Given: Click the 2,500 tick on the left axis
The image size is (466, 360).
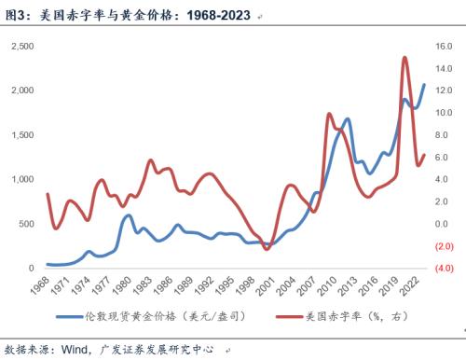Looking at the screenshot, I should (x=21, y=45).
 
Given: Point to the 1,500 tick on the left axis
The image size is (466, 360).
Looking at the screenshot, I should (x=21, y=134).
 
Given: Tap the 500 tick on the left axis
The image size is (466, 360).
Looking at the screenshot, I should (x=25, y=224).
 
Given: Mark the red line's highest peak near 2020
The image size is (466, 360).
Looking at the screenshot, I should (x=404, y=58).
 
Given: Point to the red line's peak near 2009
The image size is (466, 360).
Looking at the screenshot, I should (x=329, y=114).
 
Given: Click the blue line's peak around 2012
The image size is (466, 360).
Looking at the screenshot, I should (x=347, y=119).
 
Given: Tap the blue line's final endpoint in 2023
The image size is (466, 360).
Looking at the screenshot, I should (x=425, y=84).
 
